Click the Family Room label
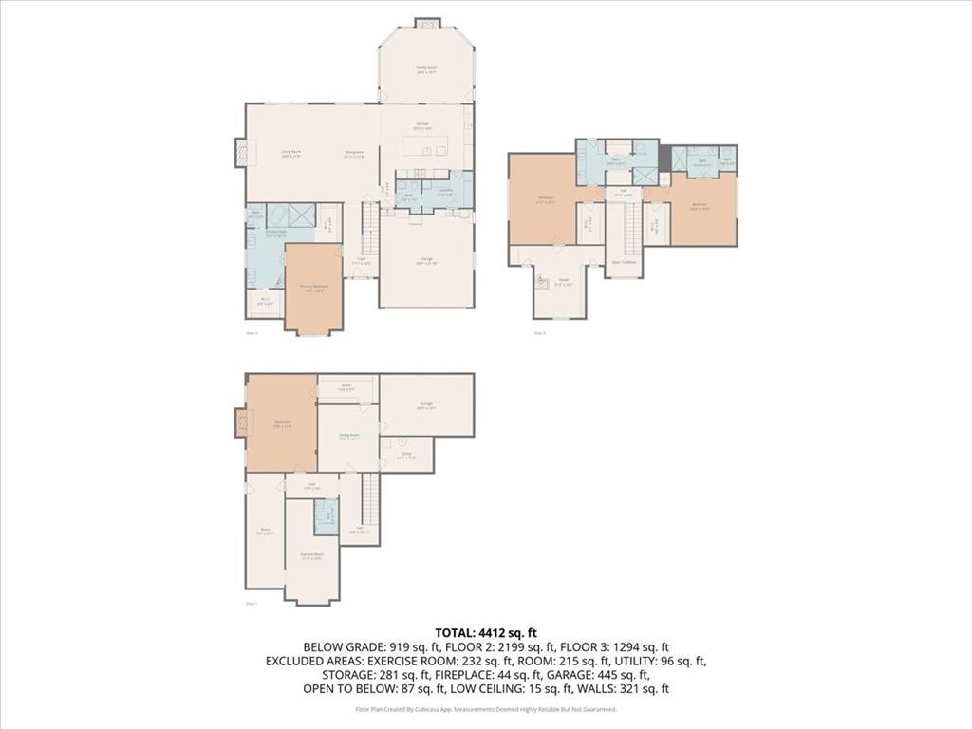pyautogui.click(x=426, y=69)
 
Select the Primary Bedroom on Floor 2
pyautogui.click(x=313, y=290)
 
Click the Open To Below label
pyautogui.click(x=624, y=261)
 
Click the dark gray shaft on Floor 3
pyautogui.click(x=664, y=158)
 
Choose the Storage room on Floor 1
pyautogui.click(x=426, y=405)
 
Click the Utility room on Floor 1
pyautogui.click(x=406, y=455)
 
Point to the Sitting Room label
pyautogui.click(x=348, y=438)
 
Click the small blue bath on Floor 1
pyautogui.click(x=327, y=516)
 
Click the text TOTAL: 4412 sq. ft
pyautogui.click(x=485, y=632)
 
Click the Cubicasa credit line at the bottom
pyautogui.click(x=485, y=709)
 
